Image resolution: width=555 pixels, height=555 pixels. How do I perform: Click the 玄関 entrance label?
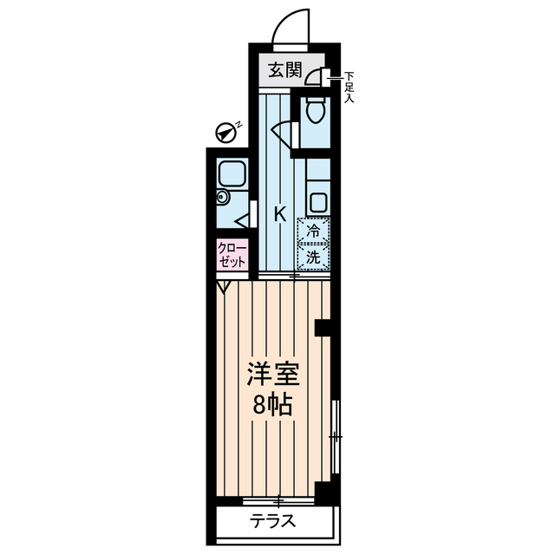coord(284,70)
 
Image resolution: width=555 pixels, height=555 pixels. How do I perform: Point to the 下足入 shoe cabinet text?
coord(349,87)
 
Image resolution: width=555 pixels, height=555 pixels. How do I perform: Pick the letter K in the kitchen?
coord(280,214)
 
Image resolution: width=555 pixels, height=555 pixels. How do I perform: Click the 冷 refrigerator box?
coord(313,232)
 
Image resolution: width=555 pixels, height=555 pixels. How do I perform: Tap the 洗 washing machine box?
coord(313,257)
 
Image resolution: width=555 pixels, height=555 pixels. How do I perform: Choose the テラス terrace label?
coord(274,521)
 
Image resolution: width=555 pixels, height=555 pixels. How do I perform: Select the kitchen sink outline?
coord(318,204)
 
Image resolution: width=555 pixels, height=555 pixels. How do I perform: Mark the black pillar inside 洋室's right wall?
coord(323,328)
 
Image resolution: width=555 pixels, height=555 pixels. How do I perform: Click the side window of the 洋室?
coord(336,438)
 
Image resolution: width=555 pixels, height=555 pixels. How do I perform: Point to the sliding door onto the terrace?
coord(277,500)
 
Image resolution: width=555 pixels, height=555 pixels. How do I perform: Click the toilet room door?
coord(285,133)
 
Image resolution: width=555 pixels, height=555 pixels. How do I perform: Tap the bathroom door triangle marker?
coord(242,220)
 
